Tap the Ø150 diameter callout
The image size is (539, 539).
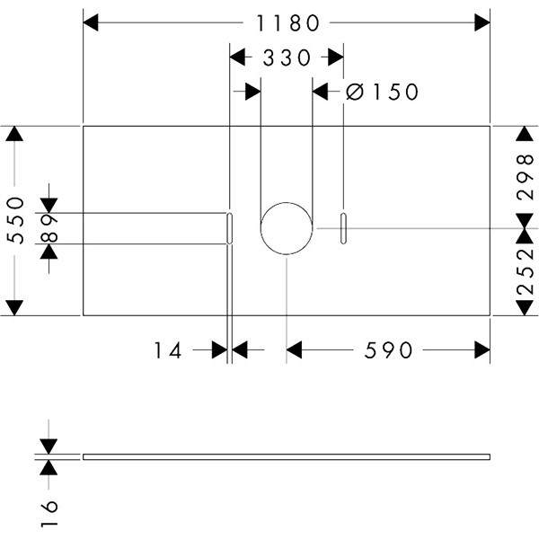pos(382,92)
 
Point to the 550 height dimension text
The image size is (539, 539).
pos(15,221)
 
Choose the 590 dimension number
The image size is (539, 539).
pos(390,350)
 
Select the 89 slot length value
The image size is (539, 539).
pos(49,228)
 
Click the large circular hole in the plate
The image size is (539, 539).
pos(287,228)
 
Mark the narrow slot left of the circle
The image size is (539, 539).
pos(230,228)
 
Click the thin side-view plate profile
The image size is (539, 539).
pos(287,456)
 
